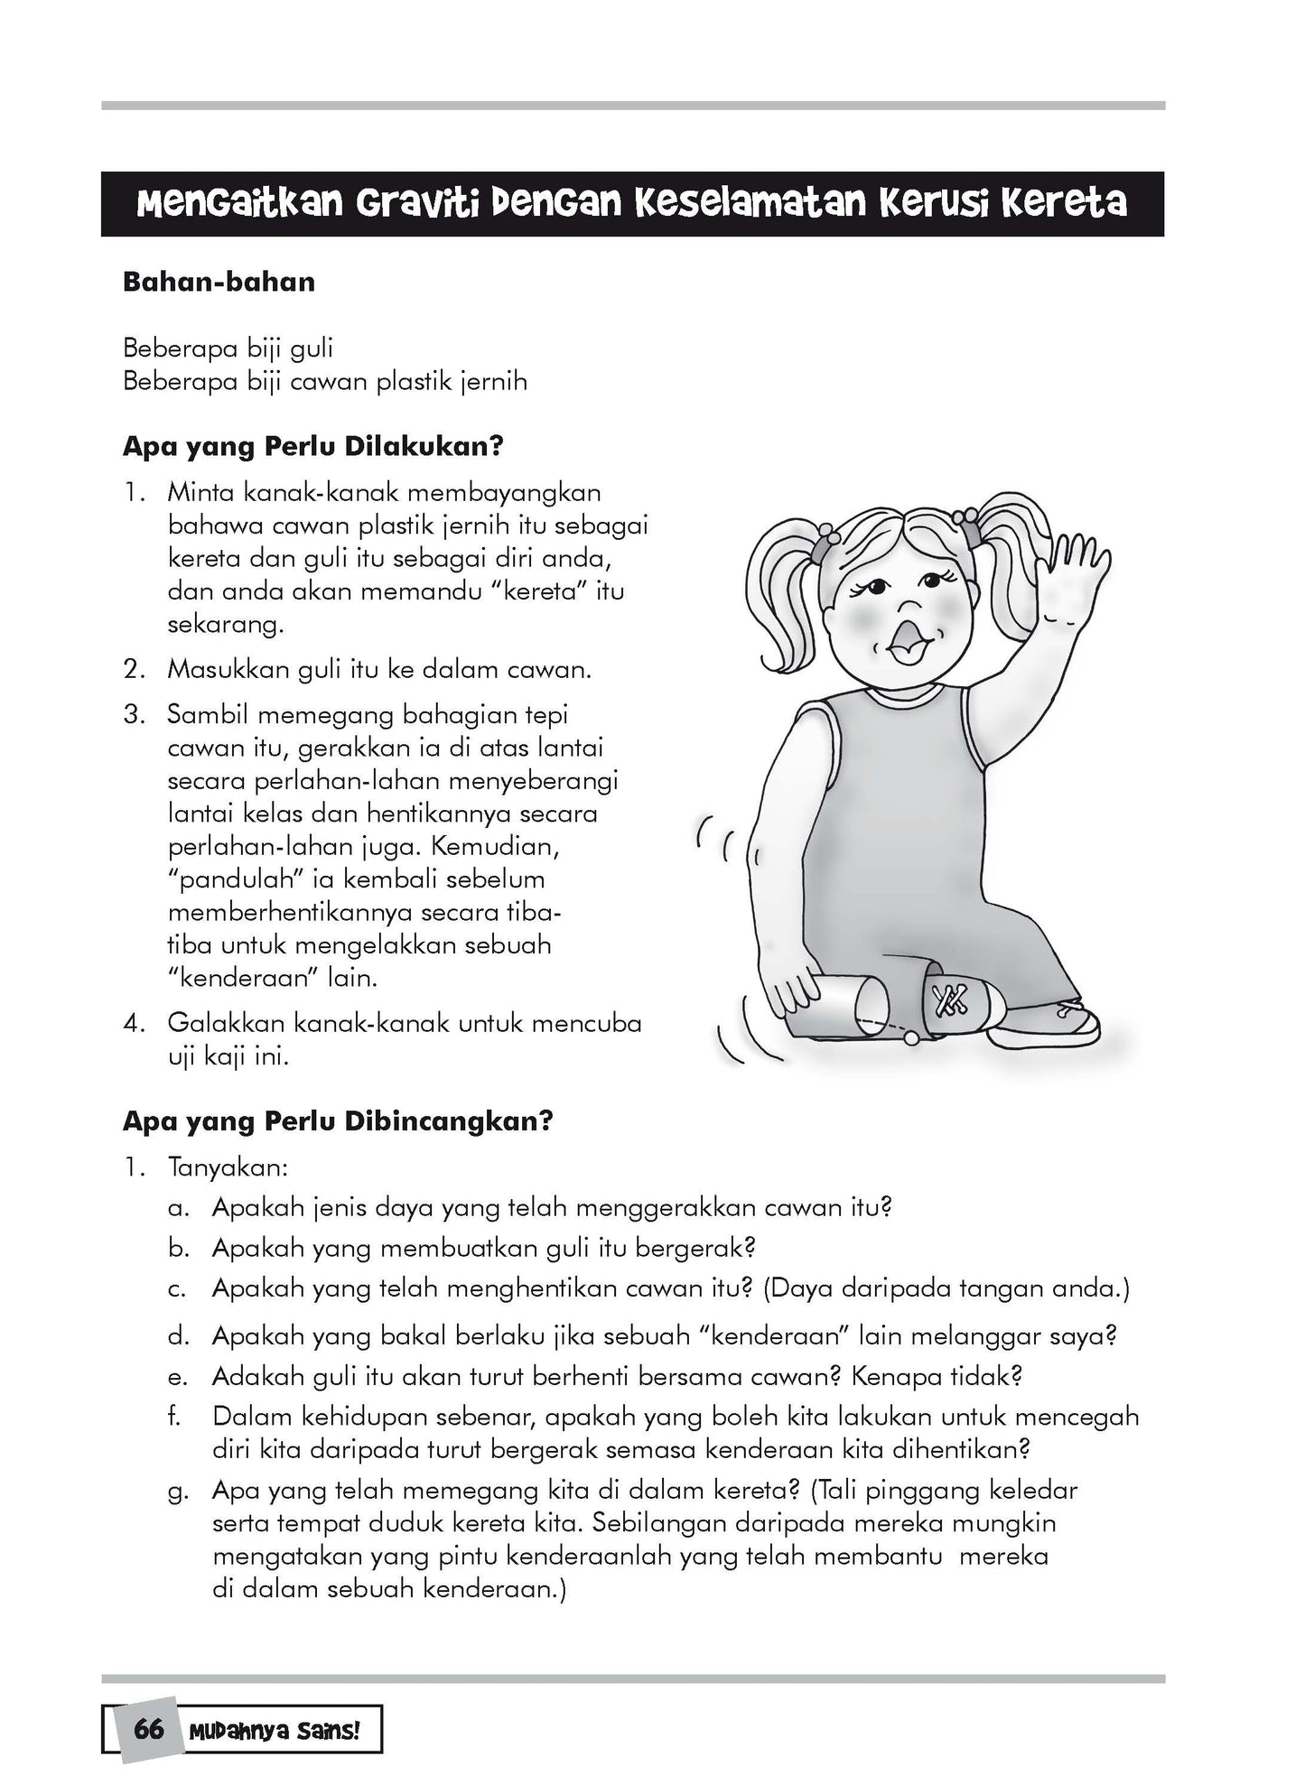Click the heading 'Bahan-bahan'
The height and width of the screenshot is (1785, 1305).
point(219,282)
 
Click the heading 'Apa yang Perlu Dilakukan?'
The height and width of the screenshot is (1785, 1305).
point(312,447)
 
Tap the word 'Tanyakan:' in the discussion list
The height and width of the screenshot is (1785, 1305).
point(228,1167)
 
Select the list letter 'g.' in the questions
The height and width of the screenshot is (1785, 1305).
point(178,1492)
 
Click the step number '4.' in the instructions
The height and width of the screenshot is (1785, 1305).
point(135,1024)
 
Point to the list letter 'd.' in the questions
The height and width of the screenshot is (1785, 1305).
point(178,1337)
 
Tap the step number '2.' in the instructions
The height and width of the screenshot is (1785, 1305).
point(135,670)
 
